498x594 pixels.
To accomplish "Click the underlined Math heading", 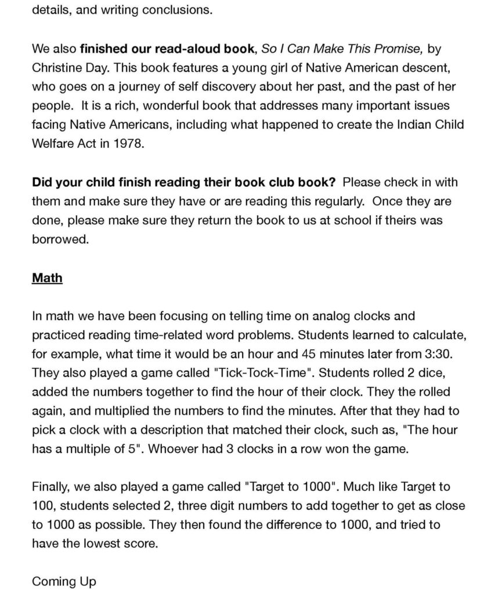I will pos(47,278).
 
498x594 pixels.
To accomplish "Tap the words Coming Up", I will pos(64,581).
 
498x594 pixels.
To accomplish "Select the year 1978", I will pos(127,143).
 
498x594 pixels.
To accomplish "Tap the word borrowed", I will pos(60,239).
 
